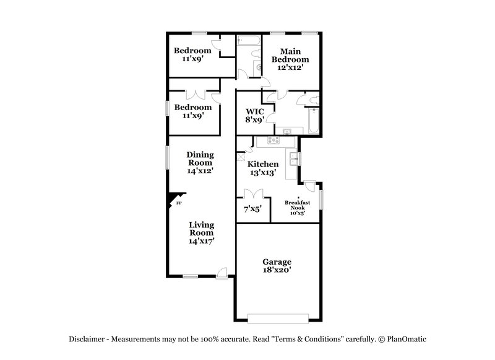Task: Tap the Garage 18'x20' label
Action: click(278, 266)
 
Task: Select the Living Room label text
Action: click(201, 233)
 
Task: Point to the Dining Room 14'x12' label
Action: click(200, 162)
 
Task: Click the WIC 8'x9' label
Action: click(254, 115)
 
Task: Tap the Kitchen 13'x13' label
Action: click(263, 168)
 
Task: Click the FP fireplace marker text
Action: click(179, 203)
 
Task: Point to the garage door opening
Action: click(277, 318)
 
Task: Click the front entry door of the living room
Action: click(222, 272)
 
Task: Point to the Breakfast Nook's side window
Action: click(321, 200)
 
